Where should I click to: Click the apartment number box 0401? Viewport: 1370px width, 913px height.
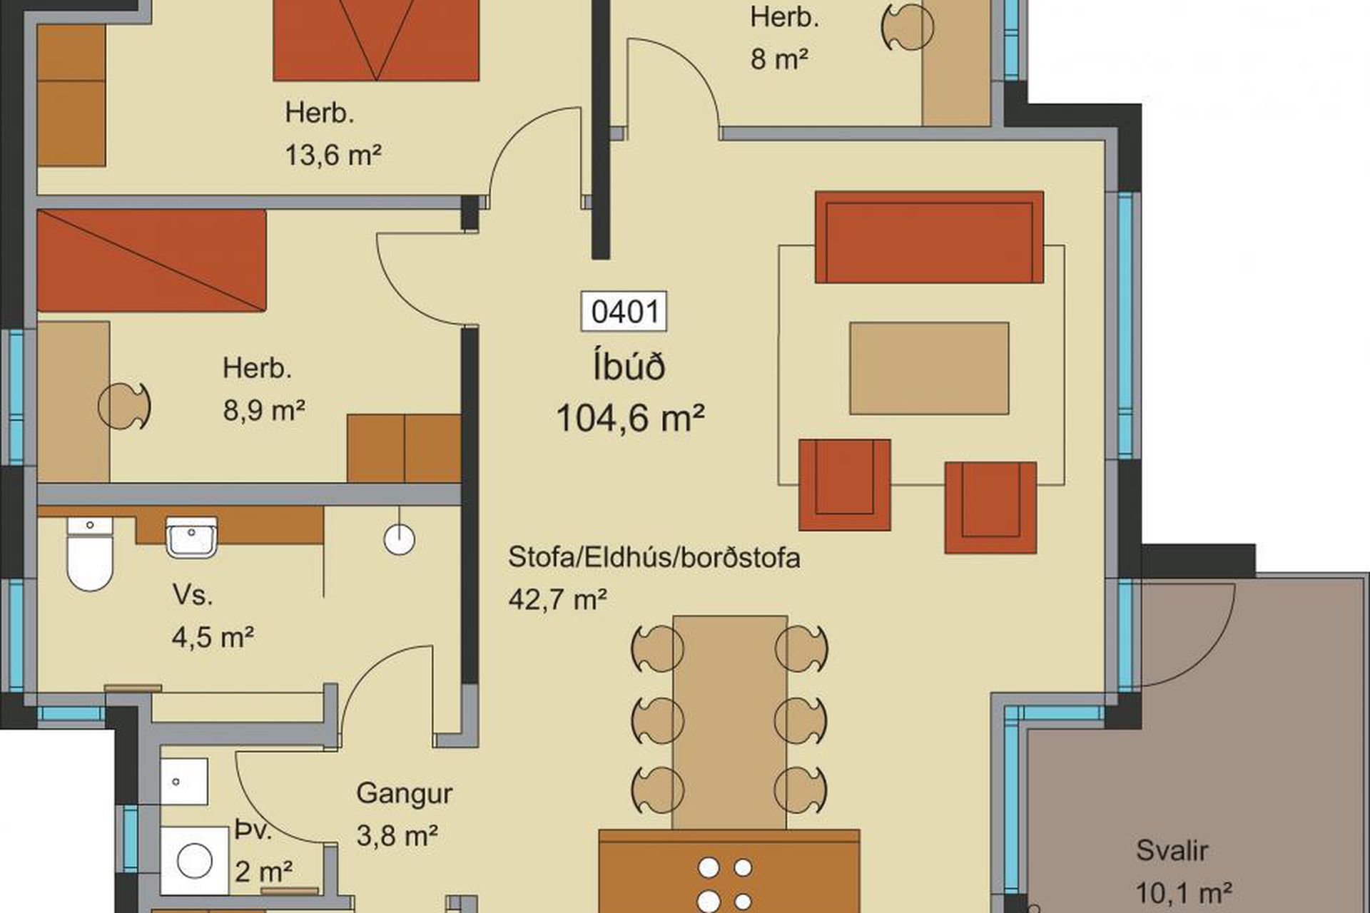pyautogui.click(x=624, y=312)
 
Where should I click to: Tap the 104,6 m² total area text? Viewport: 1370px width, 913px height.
pyautogui.click(x=630, y=418)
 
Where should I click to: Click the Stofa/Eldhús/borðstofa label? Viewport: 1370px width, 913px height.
pyautogui.click(x=654, y=558)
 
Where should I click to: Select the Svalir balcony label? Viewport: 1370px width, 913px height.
pyautogui.click(x=1172, y=850)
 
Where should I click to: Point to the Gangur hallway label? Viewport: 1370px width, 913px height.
pyautogui.click(x=404, y=793)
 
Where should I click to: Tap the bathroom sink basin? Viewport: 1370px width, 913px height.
pyautogui.click(x=191, y=536)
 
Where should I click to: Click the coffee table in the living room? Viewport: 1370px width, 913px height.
pyautogui.click(x=929, y=368)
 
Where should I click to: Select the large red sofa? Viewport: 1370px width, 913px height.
pyautogui.click(x=929, y=237)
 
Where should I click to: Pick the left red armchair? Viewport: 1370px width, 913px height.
pyautogui.click(x=845, y=484)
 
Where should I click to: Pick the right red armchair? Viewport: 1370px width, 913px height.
pyautogui.click(x=990, y=508)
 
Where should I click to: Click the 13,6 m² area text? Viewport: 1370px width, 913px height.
pyautogui.click(x=333, y=154)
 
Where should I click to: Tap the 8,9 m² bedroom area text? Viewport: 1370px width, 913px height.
pyautogui.click(x=264, y=411)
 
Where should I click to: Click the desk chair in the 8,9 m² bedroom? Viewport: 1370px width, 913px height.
pyautogui.click(x=125, y=407)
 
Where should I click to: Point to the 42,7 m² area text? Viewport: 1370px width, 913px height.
pyautogui.click(x=557, y=599)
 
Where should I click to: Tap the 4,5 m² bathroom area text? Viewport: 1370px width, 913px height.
pyautogui.click(x=213, y=636)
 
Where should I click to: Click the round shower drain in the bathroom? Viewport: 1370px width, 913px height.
pyautogui.click(x=400, y=539)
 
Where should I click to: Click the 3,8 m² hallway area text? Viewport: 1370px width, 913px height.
pyautogui.click(x=397, y=835)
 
